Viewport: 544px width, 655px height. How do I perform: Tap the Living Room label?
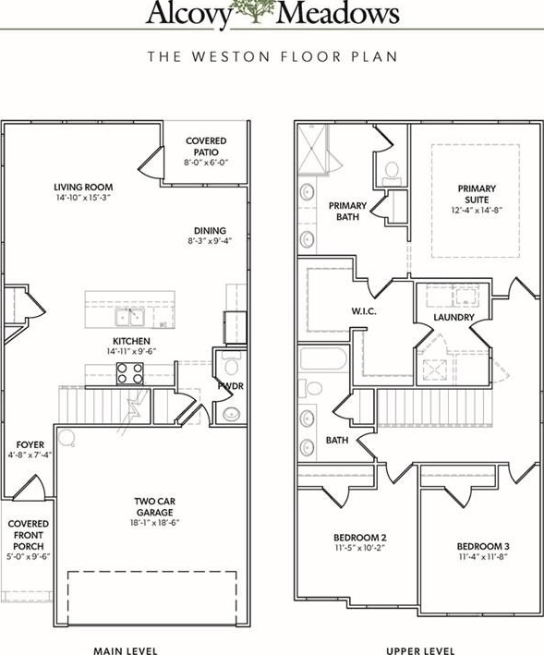point(83,188)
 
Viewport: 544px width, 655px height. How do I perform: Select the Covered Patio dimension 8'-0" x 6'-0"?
point(206,163)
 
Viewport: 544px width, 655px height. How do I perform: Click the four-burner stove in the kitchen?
point(130,373)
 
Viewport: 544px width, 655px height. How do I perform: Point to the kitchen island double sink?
point(130,317)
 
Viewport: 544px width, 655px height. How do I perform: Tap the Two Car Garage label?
point(155,506)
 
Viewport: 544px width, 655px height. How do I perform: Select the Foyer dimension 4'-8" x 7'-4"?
point(30,455)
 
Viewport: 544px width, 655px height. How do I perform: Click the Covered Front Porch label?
point(29,535)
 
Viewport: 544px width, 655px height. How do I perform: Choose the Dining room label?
point(210,231)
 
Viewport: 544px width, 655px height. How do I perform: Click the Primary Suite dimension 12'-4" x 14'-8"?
point(477,210)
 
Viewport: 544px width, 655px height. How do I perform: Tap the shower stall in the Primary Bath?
point(311,149)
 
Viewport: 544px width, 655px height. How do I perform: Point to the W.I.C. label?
point(364,311)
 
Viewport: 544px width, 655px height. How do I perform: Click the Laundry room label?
point(453,317)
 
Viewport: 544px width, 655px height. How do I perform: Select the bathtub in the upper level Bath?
point(323,359)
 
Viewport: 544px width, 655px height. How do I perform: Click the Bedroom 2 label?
point(360,537)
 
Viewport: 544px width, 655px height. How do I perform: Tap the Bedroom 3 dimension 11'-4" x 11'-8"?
point(483,557)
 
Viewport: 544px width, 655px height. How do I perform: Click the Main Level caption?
point(126,650)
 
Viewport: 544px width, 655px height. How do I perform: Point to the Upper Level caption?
point(420,650)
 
